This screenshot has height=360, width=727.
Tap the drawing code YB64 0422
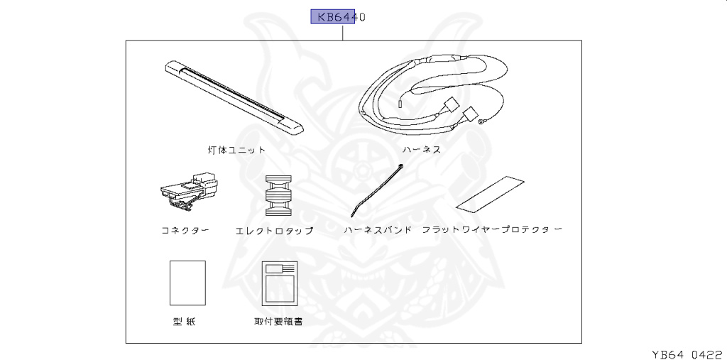tap(687, 353)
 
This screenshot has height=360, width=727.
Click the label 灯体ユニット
tap(236, 150)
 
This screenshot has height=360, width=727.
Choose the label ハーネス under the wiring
tap(422, 150)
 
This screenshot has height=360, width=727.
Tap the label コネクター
tap(185, 231)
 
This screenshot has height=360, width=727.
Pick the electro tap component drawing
tap(278, 196)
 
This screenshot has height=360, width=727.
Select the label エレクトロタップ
tap(274, 231)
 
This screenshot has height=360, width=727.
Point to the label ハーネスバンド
tap(377, 231)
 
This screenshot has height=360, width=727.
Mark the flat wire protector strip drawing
tap(491, 193)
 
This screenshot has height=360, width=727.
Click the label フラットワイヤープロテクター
tap(492, 231)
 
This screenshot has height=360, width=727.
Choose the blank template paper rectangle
tap(187, 283)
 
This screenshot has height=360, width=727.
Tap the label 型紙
tap(184, 322)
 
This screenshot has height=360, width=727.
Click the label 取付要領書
tap(278, 322)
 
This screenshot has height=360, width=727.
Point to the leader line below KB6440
tap(343, 32)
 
